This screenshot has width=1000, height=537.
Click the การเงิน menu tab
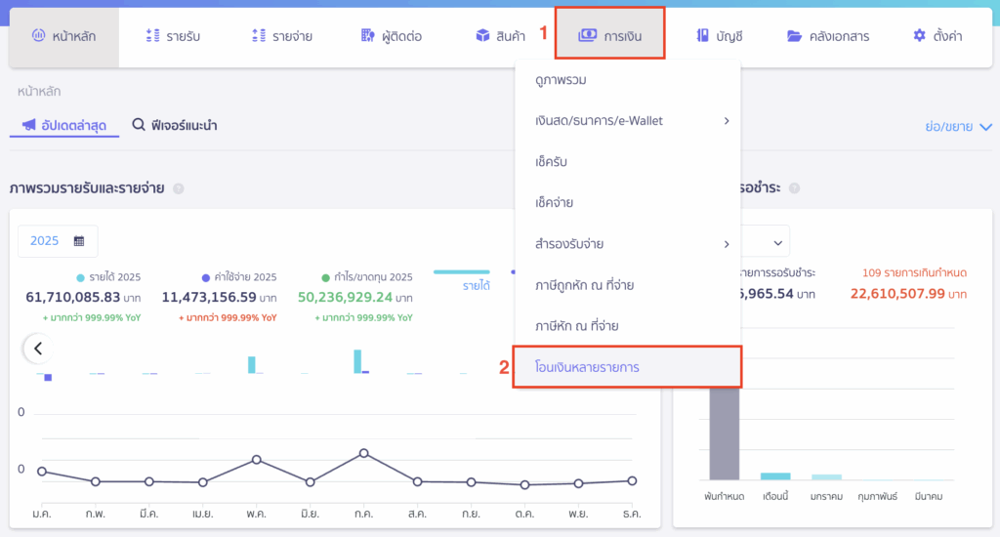[x=609, y=36]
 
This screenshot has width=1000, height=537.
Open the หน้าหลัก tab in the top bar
[x=64, y=36]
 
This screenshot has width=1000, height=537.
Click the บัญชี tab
[x=720, y=36]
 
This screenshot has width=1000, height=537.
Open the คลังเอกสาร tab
[x=827, y=36]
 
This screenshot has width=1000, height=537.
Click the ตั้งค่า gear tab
[x=937, y=36]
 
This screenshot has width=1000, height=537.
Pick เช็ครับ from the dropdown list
[x=552, y=161]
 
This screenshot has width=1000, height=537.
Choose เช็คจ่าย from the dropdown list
[x=554, y=202]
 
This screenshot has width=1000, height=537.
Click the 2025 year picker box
[x=58, y=240]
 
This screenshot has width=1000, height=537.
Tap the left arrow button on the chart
[x=38, y=348]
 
